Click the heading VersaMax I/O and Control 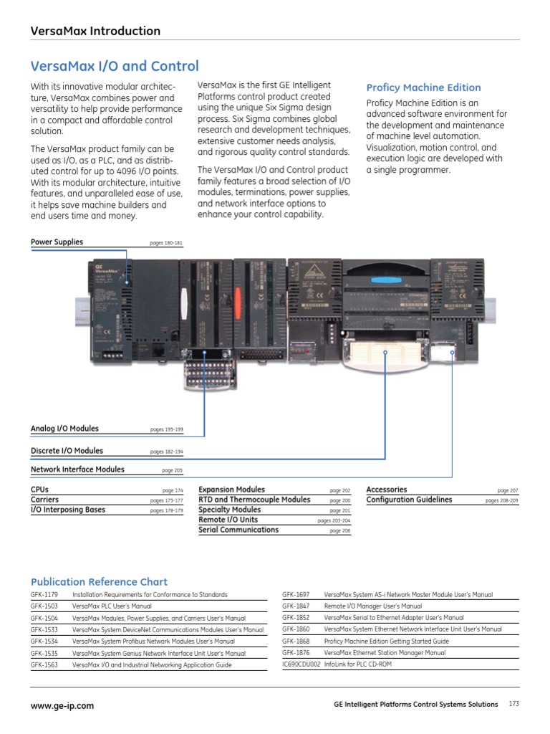(115, 67)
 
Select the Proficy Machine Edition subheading (423, 87)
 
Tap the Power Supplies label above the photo (57, 242)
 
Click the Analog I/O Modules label (64, 429)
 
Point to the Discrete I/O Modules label (67, 451)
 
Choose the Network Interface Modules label (77, 470)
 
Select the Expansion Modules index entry (231, 490)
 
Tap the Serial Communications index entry (238, 530)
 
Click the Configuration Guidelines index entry (409, 500)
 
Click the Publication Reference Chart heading (99, 582)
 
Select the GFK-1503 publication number (44, 606)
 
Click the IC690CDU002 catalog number (301, 664)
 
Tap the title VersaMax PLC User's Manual (112, 606)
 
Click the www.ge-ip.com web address (62, 705)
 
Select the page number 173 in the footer (513, 704)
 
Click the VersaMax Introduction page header (95, 31)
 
